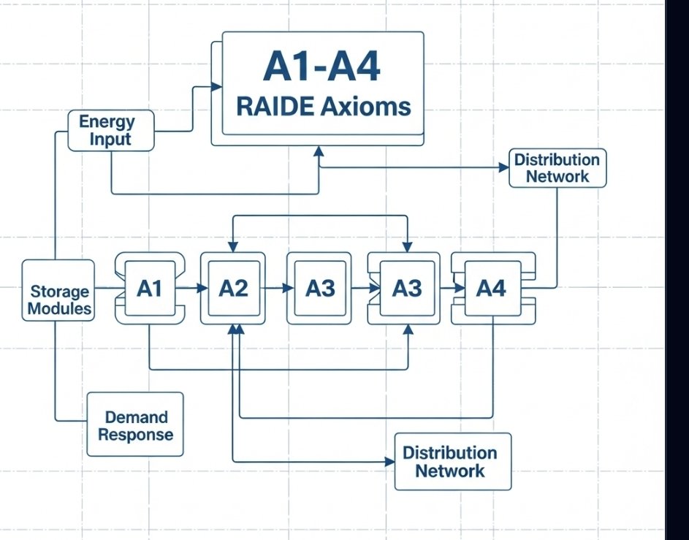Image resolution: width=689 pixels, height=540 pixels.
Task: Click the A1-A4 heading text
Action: point(321,68)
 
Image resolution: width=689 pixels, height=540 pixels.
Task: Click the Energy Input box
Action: point(111,131)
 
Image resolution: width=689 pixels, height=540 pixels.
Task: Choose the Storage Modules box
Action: point(58,292)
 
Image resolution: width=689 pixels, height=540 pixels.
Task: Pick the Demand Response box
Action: point(135,426)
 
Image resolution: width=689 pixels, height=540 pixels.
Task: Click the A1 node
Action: point(149,289)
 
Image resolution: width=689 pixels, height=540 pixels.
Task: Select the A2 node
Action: point(233,289)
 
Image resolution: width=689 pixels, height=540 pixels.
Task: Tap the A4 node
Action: point(491,289)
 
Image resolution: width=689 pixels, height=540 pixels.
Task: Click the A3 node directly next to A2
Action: point(320,289)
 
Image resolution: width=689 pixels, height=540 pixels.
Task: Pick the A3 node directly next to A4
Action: point(407,289)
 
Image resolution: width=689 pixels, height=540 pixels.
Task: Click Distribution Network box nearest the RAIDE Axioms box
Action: point(557,168)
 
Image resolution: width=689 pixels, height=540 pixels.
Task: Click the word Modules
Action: point(60,308)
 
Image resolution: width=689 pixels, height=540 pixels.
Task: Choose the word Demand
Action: point(136,417)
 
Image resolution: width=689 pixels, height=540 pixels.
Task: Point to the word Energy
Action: point(107,121)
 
